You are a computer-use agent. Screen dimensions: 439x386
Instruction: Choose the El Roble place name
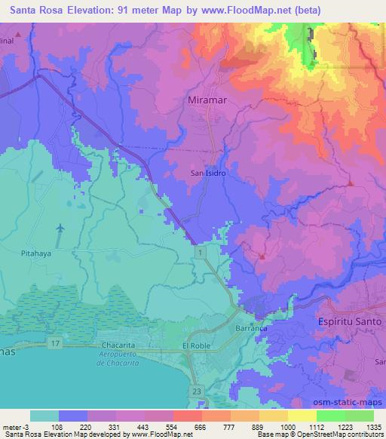(x=196, y=345)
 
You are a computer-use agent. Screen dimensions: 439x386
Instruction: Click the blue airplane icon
(x=60, y=228)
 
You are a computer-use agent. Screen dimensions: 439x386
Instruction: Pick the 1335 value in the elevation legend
(x=370, y=426)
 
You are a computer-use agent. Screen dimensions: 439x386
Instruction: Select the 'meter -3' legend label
(x=14, y=426)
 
